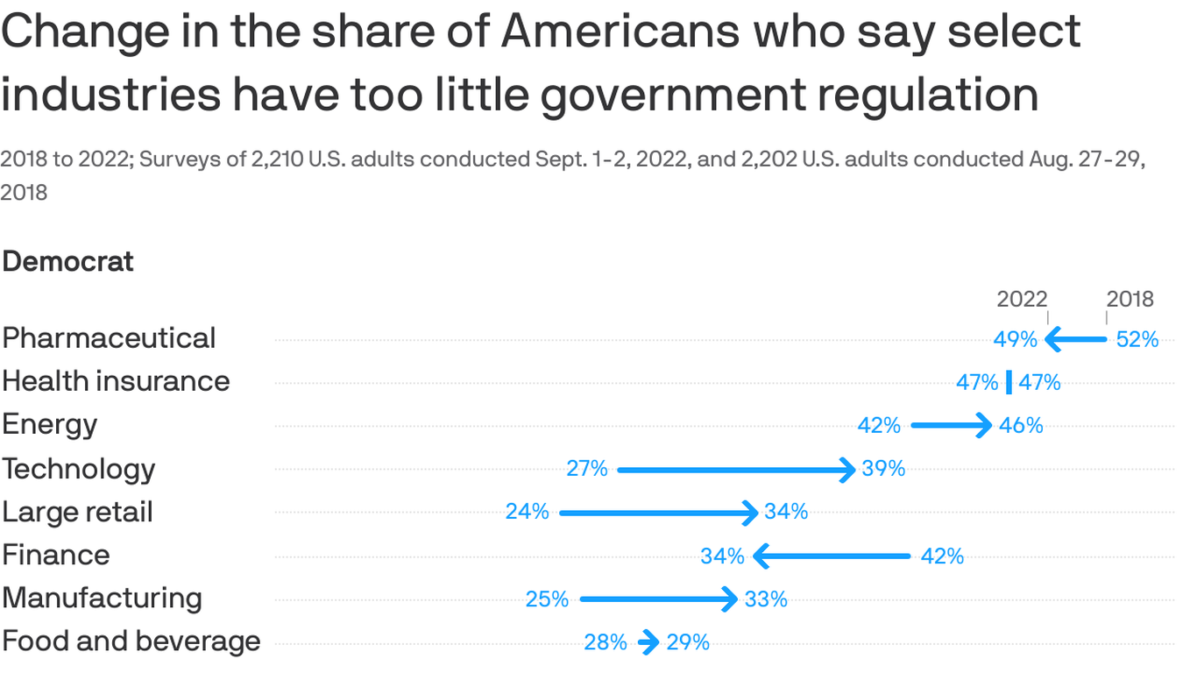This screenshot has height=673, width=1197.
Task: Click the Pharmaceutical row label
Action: coord(109,338)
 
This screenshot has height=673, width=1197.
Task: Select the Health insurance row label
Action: coord(116,381)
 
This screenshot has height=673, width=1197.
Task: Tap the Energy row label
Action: coord(50,425)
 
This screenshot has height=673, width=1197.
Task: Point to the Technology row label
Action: coord(79,469)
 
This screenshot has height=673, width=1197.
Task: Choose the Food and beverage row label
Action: coord(131,641)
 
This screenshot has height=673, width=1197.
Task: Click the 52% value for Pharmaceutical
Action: coord(1137,339)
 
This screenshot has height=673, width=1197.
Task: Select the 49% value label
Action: coord(1015,339)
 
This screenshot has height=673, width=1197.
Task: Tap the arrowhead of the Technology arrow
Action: coord(847,470)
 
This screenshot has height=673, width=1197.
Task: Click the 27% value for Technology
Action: coord(586,469)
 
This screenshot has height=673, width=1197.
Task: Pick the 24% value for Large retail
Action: coord(527,512)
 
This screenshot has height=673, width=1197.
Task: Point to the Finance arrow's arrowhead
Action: coord(761,556)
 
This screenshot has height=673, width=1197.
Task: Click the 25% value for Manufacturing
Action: coord(547,599)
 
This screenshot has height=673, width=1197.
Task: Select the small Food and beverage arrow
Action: coord(648,642)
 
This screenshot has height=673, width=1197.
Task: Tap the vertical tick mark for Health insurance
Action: coord(1009,382)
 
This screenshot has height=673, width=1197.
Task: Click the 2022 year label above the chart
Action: coord(1022,299)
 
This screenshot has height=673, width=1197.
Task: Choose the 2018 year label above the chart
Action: coord(1130,299)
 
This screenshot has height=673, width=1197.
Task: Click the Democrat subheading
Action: coord(68,261)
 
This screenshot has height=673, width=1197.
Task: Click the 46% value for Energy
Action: coord(1022,426)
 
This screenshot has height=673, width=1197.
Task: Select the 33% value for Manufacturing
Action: coord(766,599)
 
